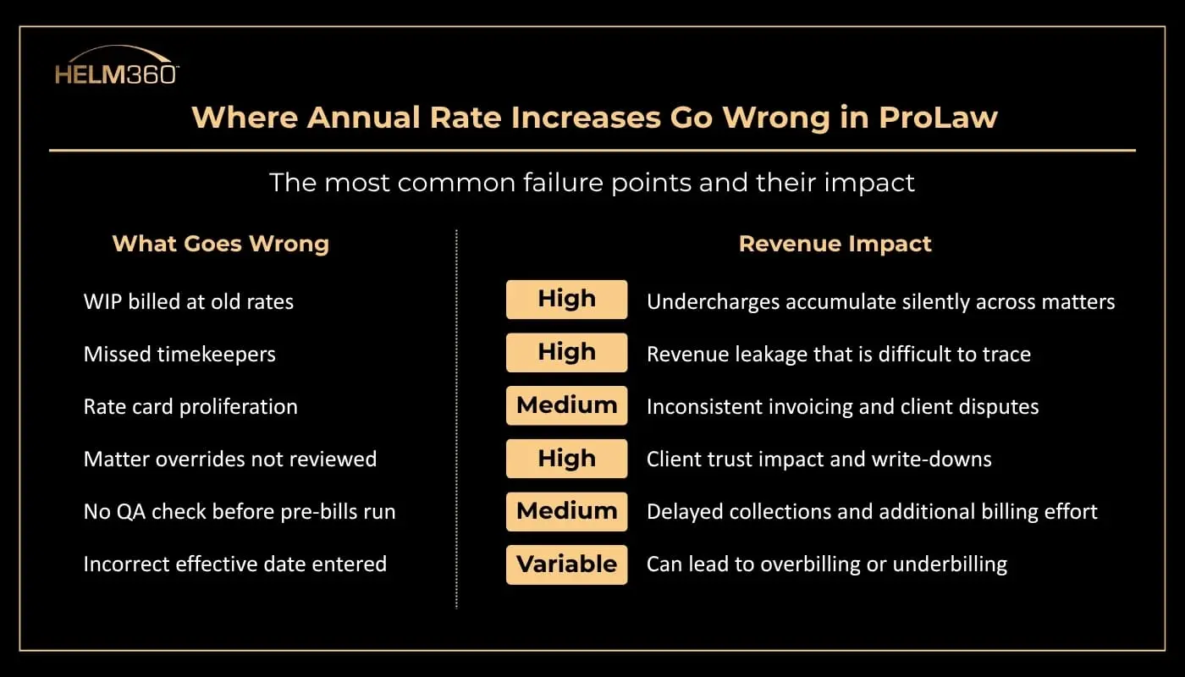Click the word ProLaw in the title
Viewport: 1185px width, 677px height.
coord(938,117)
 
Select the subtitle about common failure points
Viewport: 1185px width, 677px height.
coord(592,182)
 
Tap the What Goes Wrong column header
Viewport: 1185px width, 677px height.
coord(220,244)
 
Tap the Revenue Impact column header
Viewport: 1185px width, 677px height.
coord(835,244)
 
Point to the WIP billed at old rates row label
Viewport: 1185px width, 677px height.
coord(188,301)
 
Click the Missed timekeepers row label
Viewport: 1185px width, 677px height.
coord(179,354)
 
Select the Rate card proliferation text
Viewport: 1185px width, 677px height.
coord(190,406)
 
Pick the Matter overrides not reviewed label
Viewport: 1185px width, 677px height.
coord(229,459)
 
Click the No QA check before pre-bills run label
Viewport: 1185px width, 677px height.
coord(239,511)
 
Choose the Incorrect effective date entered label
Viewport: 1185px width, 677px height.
coord(234,564)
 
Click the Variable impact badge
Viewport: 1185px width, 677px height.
coord(566,564)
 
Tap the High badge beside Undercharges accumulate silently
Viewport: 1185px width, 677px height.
coord(566,300)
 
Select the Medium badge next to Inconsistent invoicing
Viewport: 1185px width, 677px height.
coord(566,405)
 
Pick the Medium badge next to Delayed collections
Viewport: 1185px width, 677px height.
coord(566,511)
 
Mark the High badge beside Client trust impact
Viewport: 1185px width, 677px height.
coord(566,459)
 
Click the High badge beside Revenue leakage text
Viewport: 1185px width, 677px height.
coord(566,352)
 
